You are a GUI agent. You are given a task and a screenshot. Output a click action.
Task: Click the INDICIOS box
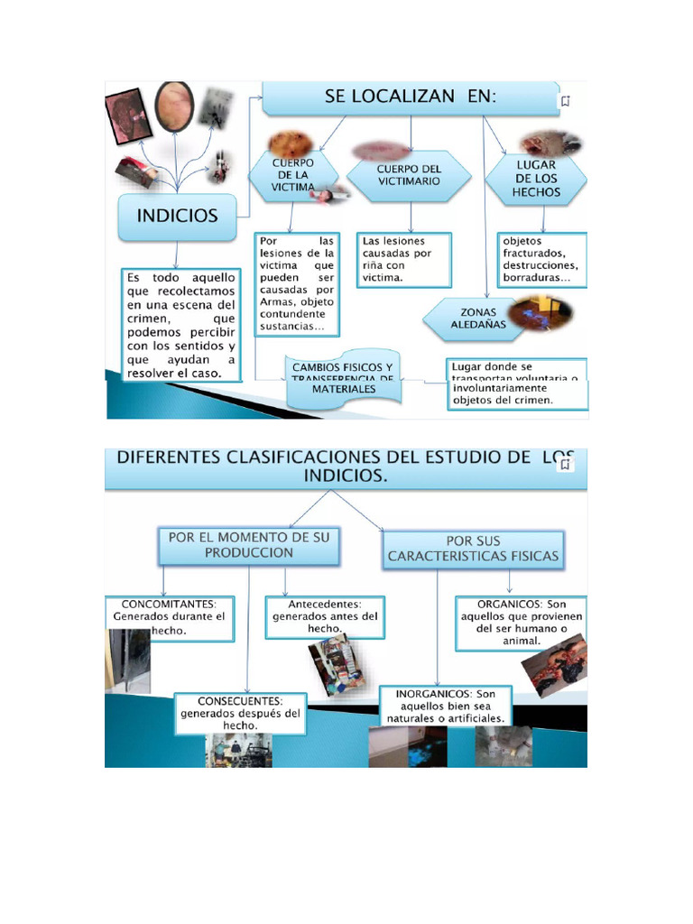(177, 217)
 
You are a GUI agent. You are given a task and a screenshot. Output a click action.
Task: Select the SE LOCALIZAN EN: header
(411, 98)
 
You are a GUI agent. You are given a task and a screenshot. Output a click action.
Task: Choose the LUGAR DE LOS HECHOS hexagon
(536, 179)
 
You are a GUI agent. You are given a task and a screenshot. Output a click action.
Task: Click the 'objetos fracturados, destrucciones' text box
(542, 260)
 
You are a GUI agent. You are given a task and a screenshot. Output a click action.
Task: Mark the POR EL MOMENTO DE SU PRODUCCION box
(249, 544)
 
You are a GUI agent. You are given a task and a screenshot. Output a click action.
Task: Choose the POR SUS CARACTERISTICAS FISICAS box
(473, 549)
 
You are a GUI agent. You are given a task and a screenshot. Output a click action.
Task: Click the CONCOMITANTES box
(168, 616)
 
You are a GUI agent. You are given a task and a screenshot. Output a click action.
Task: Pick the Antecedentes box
(325, 616)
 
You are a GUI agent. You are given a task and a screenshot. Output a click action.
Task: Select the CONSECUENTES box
(240, 712)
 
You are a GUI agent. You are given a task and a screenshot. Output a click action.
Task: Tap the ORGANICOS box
(521, 623)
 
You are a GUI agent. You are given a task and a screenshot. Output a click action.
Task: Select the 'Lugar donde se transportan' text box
(517, 383)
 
